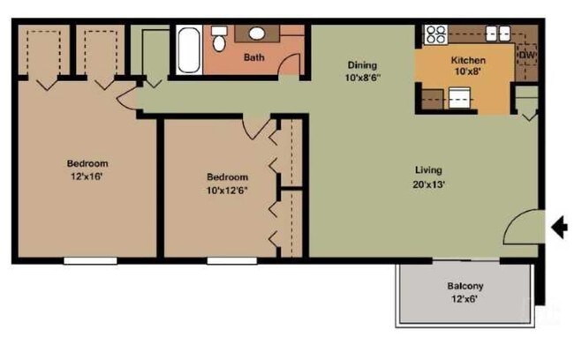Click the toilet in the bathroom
219,39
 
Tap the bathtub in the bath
189,49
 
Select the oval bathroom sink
257,34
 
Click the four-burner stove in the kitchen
435,34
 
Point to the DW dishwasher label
527,56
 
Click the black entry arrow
559,228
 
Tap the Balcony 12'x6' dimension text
464,299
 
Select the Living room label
428,170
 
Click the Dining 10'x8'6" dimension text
363,78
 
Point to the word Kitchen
468,60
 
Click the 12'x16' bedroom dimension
87,176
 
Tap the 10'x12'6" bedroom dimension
227,191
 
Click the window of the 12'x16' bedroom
90,261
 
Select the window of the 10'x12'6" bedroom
232,261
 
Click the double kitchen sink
498,34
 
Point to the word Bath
254,57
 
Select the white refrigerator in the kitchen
459,98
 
